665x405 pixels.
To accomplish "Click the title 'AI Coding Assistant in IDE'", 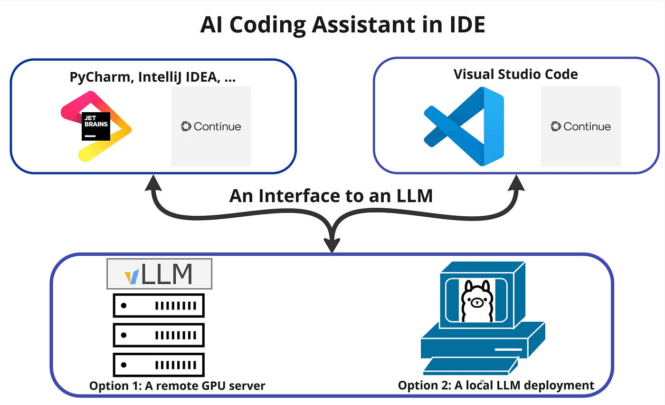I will [x=342, y=25].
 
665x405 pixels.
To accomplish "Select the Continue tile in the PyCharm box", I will [x=211, y=126].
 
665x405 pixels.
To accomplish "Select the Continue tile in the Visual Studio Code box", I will [x=580, y=126].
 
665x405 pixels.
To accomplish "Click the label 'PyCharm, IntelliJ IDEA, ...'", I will [x=153, y=77].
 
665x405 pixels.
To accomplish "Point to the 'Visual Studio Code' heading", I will [x=516, y=74].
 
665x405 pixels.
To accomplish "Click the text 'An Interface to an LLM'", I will [x=331, y=195].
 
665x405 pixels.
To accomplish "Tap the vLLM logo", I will [x=159, y=274].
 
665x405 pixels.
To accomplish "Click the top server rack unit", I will [x=159, y=306].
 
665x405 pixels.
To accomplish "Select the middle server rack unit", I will [x=159, y=335].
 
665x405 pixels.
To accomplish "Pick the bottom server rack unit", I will [x=159, y=365].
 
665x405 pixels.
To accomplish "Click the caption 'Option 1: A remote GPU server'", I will [x=177, y=385].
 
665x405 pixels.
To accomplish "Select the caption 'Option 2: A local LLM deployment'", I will [x=496, y=385].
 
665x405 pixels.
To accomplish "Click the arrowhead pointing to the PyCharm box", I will [x=153, y=183].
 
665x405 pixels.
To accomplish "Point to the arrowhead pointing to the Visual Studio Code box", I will [x=515, y=183].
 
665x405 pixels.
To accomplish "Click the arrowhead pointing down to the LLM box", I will [x=332, y=244].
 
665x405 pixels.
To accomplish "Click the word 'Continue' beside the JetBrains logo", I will [x=217, y=126].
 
